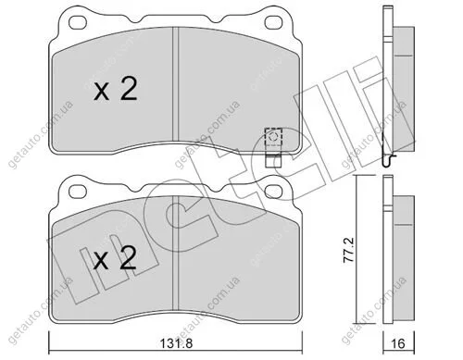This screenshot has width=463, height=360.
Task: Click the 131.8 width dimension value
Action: [176, 343]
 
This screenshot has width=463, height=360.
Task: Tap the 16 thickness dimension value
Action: [399, 343]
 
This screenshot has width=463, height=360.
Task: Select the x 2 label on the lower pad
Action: [115, 258]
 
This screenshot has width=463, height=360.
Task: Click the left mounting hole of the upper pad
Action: [77, 22]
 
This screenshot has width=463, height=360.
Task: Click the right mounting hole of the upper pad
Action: [273, 22]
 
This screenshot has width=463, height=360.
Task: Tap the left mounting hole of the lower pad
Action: [77, 192]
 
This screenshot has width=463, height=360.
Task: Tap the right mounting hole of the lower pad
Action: [273, 191]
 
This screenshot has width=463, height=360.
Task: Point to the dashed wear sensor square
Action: [273, 136]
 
